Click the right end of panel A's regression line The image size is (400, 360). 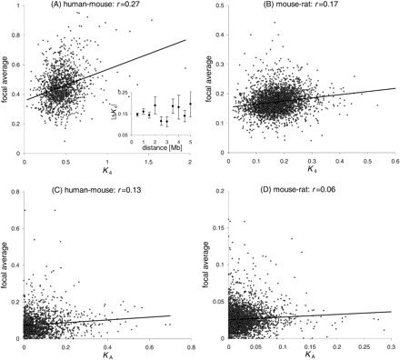click(x=186, y=40)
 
